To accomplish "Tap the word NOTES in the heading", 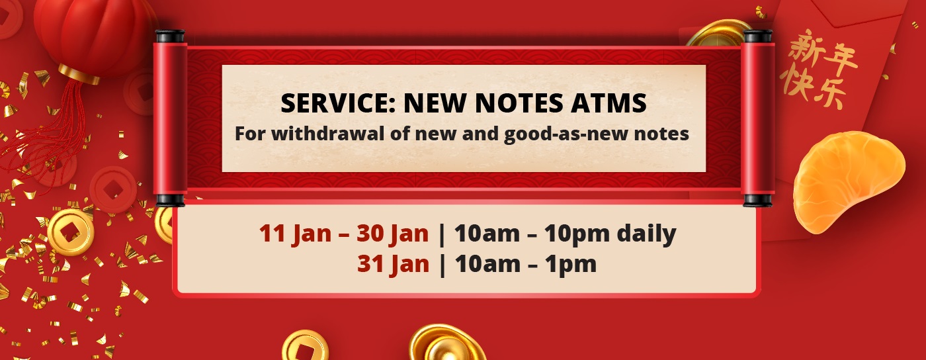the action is point(519,103).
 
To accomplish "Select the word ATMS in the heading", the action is point(609,103).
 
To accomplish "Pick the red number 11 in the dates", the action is point(272,233).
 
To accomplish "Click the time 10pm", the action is point(576,234).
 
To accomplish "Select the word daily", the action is point(647,234).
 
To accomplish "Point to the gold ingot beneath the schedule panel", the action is point(447,343).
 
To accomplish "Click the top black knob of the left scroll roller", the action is point(170,36).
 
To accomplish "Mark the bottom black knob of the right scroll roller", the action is point(757,201).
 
